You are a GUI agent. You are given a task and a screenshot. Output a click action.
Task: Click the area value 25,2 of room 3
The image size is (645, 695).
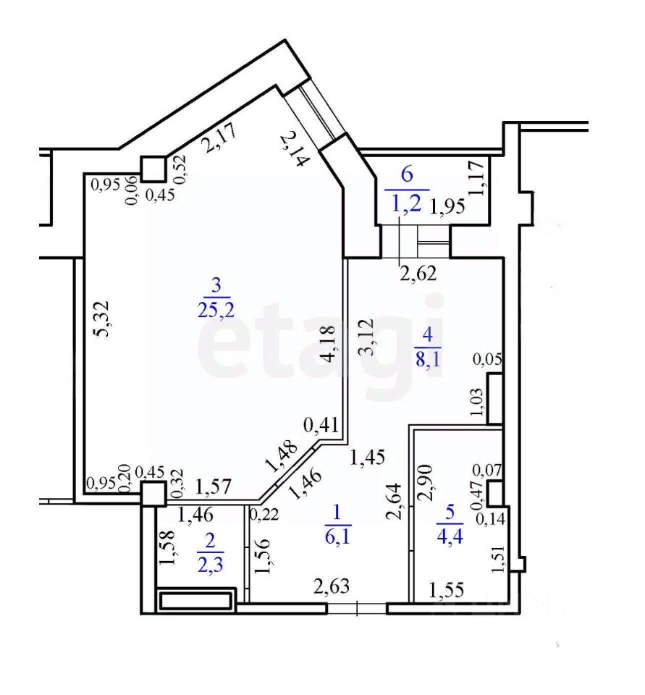click(x=214, y=310)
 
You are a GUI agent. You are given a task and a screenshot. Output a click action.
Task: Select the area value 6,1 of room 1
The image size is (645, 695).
click(x=338, y=537)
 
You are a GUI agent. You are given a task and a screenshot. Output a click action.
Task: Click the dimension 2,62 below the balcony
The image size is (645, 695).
click(x=418, y=273)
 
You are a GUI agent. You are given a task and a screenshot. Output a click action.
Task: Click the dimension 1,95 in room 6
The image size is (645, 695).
click(x=447, y=208)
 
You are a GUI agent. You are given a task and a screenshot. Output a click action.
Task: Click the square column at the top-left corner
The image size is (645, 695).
click(x=152, y=169)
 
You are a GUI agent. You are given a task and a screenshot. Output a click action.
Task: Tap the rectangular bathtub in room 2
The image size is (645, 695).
click(x=197, y=601)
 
